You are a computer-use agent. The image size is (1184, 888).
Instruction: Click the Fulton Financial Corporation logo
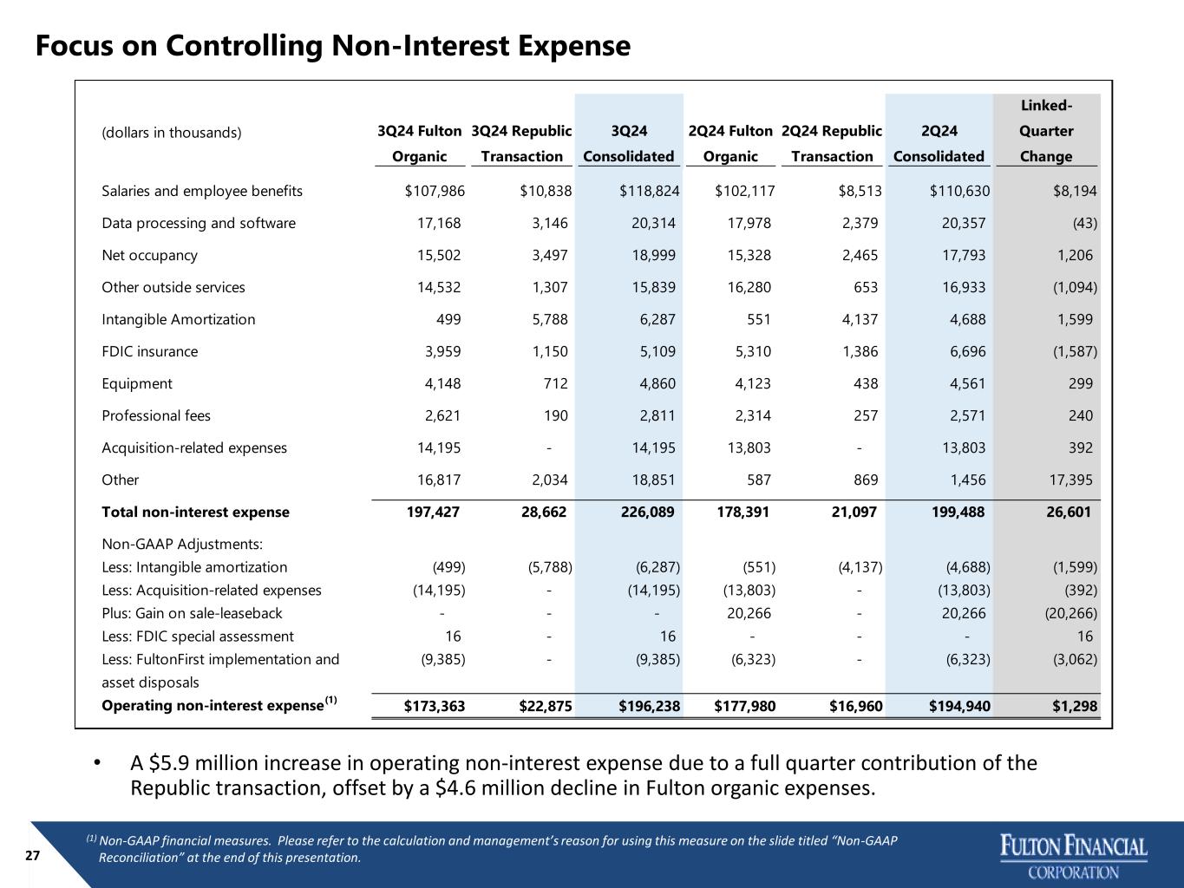click(x=1074, y=856)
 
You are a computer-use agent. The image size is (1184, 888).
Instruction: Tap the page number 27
click(x=32, y=856)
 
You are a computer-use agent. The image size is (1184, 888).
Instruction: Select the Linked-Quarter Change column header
click(x=1046, y=131)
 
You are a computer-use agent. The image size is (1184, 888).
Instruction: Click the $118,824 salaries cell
click(x=650, y=191)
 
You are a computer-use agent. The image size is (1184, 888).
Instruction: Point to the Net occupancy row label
click(x=149, y=256)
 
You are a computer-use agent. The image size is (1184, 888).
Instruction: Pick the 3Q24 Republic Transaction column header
click(x=521, y=143)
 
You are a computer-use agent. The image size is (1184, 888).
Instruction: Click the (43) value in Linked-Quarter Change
click(x=1085, y=223)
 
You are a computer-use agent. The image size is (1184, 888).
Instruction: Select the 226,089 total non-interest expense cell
click(x=647, y=512)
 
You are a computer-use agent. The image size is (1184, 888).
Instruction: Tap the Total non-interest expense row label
click(x=195, y=512)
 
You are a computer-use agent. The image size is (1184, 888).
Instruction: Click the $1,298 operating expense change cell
click(x=1075, y=706)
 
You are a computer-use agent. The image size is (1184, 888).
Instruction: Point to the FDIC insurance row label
click(x=149, y=351)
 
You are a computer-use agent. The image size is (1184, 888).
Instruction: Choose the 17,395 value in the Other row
click(x=1070, y=480)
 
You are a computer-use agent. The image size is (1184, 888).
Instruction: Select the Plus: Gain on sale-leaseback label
click(x=192, y=613)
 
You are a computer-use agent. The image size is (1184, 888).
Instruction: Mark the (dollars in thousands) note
click(x=172, y=133)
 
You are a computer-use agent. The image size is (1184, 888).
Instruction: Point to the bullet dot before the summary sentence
click(x=97, y=763)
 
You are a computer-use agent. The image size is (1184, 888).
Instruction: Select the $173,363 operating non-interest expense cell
click(x=435, y=706)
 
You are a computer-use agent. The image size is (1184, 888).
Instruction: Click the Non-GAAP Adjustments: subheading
click(x=182, y=544)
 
